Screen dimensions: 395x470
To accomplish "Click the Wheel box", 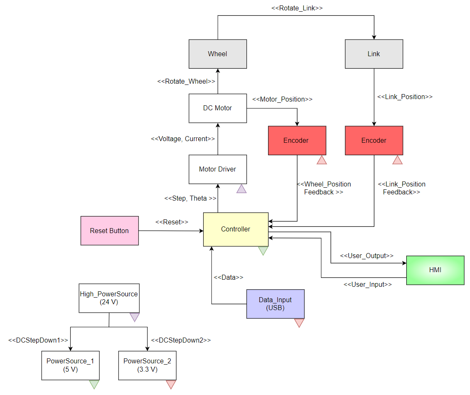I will [x=218, y=54].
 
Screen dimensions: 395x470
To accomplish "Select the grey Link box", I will [x=374, y=54].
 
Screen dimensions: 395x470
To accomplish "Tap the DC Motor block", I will [x=218, y=108].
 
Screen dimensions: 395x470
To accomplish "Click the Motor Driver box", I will [x=218, y=169].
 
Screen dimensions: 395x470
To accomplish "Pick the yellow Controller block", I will [x=236, y=229].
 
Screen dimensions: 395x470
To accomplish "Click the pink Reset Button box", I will [x=109, y=231].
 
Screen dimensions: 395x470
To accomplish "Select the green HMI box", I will [x=435, y=270].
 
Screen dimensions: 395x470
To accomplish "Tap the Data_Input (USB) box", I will [x=275, y=304].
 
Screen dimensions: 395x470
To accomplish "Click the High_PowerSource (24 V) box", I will [x=109, y=298].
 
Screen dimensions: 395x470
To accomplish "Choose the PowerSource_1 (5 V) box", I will [x=70, y=365].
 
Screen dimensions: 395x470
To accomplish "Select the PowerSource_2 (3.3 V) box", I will [x=147, y=365].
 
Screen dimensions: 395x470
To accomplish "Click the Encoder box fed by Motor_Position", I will [x=296, y=141].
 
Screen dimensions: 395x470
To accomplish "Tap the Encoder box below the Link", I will [x=374, y=141].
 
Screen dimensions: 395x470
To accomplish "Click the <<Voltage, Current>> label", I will [x=183, y=139].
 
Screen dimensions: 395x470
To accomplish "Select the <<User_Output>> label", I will [x=367, y=256].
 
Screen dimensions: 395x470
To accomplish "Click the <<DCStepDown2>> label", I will [x=181, y=340].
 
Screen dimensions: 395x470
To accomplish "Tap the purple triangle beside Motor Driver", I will [x=241, y=189].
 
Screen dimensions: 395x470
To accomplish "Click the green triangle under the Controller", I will [x=263, y=251].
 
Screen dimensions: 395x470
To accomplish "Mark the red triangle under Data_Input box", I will [x=299, y=323].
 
